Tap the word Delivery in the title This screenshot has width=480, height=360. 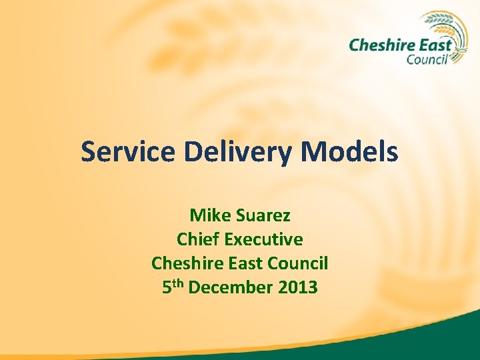tap(238, 153)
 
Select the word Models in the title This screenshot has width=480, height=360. tap(349, 152)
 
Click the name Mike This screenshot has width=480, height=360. tap(207, 216)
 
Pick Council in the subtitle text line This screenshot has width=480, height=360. tap(297, 263)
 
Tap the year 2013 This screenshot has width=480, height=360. tap(299, 287)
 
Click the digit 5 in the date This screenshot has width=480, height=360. tap(167, 287)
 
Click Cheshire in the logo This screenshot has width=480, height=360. tap(377, 45)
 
